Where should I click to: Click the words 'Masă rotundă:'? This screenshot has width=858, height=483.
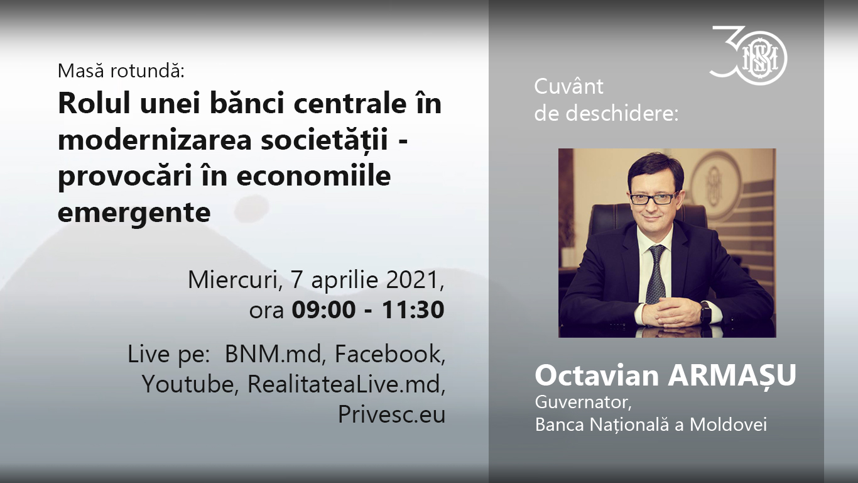(121, 70)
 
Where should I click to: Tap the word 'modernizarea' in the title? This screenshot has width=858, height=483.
(155, 139)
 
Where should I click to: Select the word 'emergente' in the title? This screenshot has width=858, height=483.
(134, 212)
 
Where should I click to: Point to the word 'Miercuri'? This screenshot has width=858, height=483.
(232, 280)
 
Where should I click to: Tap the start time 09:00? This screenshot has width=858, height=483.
(323, 309)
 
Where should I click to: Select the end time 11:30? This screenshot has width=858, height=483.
(413, 309)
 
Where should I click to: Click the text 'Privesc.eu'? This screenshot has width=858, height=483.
(391, 414)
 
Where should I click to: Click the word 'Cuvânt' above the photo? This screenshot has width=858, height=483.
(569, 86)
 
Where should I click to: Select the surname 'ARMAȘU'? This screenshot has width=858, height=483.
(732, 375)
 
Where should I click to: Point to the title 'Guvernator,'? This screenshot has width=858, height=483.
(583, 402)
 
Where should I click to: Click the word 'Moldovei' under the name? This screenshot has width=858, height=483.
(728, 425)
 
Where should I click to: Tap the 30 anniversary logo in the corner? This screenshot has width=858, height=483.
(748, 55)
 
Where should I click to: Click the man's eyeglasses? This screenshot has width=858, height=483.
(654, 199)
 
